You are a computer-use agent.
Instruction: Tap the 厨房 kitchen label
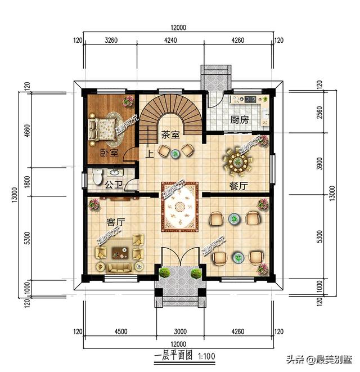[240, 120]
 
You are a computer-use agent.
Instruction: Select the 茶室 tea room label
[170, 135]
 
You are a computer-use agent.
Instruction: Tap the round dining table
[238, 163]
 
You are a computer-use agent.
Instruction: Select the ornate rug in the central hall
[179, 205]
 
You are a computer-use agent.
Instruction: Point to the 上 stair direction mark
[150, 152]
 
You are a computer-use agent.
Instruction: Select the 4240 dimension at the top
[170, 40]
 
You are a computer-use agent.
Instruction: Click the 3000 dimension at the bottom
[178, 331]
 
